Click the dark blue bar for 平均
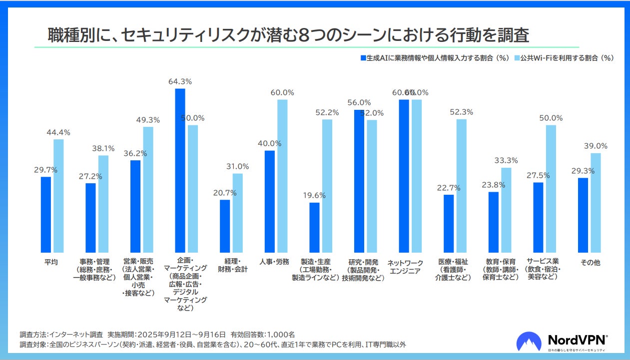tap(46, 215)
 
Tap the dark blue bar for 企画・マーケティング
tap(180, 170)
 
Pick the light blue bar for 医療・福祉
tap(462, 186)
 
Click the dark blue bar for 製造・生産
tap(314, 228)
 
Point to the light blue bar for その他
tap(596, 203)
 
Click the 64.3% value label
tap(180, 81)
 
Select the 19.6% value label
tap(314, 195)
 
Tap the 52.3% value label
tap(461, 112)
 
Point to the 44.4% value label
tap(58, 132)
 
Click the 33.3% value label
tap(506, 160)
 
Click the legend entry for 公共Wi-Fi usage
tap(565, 58)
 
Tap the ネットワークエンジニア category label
tap(405, 267)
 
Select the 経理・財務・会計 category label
tap(230, 266)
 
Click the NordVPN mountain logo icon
tap(529, 342)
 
